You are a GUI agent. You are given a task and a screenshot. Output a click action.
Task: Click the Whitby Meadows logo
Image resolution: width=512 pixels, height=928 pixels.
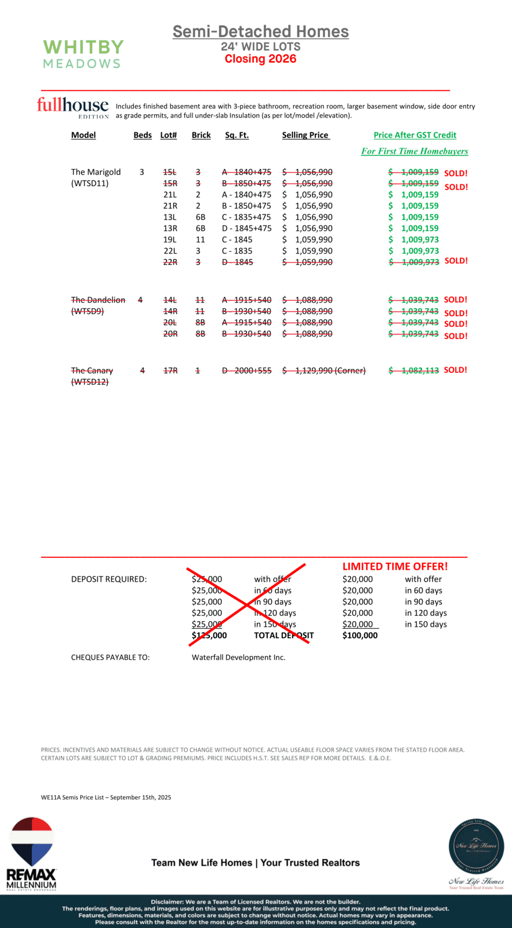tap(83, 54)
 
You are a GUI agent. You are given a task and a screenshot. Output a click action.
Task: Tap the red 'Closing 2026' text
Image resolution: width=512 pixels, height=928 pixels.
tap(260, 59)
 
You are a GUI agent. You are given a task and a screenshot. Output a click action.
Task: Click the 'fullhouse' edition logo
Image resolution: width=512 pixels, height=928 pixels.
tap(72, 106)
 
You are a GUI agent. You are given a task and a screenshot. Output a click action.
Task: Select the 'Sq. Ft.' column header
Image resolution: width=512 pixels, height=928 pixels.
tap(237, 135)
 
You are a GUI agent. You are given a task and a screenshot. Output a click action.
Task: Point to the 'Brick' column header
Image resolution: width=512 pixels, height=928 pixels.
tap(201, 135)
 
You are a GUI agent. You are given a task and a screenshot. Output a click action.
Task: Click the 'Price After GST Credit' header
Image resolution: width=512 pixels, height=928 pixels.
tap(415, 135)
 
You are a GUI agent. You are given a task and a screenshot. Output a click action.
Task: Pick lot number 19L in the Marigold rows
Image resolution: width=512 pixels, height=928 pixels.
tap(170, 240)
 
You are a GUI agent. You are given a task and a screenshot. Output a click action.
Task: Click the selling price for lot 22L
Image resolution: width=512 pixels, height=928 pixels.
tap(308, 251)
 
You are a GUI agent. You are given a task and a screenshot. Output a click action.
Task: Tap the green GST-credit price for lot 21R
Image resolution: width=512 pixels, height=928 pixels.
tap(414, 206)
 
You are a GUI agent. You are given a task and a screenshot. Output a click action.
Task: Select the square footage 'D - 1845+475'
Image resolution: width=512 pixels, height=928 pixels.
tap(246, 229)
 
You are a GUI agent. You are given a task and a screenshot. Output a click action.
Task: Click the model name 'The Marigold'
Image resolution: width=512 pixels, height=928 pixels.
tap(96, 172)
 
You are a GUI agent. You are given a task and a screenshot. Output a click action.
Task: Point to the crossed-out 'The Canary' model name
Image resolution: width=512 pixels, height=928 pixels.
tap(92, 371)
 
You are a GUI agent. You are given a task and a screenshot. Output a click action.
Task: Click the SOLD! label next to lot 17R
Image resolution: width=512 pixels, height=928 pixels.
tap(455, 370)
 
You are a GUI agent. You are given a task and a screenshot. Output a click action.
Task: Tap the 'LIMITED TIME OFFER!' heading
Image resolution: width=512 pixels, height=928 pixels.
tap(395, 567)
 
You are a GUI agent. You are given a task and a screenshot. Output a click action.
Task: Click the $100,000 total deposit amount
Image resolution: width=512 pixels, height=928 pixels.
tap(360, 636)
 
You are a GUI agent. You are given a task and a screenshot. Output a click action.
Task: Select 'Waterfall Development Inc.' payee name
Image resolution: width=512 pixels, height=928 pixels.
tap(238, 658)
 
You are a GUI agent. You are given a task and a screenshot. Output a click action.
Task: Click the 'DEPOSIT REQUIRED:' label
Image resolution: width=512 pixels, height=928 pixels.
tap(108, 579)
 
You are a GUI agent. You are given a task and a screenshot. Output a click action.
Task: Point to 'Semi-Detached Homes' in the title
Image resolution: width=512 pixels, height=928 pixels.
tap(260, 32)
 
